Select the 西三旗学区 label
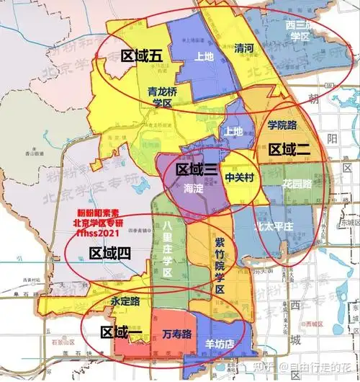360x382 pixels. pyautogui.click(x=298, y=30)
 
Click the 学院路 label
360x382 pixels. pyautogui.click(x=282, y=125)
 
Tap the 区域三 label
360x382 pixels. pyautogui.click(x=197, y=170)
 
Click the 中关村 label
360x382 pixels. pyautogui.click(x=239, y=176)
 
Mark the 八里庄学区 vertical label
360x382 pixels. pyautogui.click(x=167, y=249)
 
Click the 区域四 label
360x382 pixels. pyautogui.click(x=109, y=253)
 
